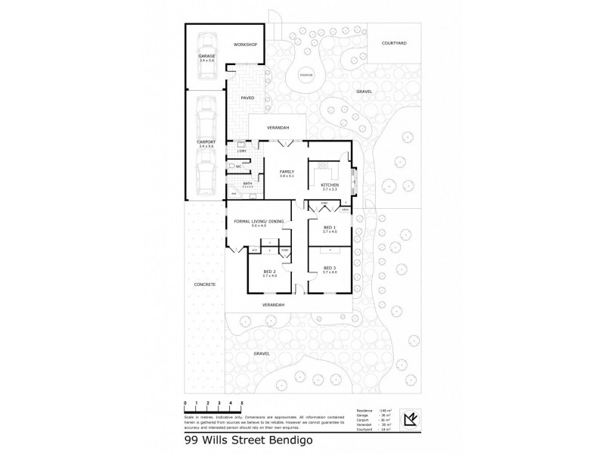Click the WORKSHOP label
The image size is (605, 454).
246,45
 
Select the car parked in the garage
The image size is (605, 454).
206,67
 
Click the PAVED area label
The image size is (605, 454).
247,98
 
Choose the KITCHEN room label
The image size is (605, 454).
329,185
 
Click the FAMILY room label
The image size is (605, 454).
286,172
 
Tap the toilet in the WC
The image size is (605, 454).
231,166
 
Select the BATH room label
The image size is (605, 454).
247,183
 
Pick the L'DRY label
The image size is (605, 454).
242,151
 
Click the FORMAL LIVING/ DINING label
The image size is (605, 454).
259,221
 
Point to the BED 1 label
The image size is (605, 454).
329,228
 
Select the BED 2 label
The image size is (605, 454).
269,271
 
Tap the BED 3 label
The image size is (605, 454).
329,269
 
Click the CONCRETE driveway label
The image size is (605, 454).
204,285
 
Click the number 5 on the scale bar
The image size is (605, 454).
241,403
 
